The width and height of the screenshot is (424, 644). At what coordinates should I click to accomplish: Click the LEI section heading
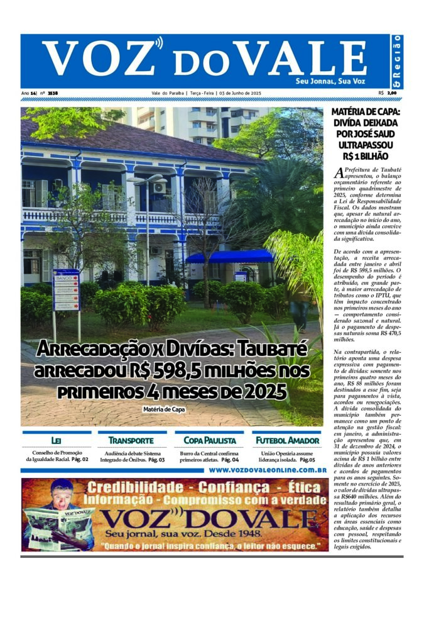pyautogui.click(x=56, y=440)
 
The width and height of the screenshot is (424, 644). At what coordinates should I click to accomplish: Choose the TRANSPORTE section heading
pyautogui.click(x=131, y=440)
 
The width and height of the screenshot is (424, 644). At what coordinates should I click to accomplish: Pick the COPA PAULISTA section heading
pyautogui.click(x=210, y=440)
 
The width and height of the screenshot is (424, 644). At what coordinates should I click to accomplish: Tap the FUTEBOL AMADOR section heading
pyautogui.click(x=286, y=440)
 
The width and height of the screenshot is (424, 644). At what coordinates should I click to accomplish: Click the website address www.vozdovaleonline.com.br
pyautogui.click(x=268, y=469)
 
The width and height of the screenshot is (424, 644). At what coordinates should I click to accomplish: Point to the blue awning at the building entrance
pyautogui.click(x=230, y=257)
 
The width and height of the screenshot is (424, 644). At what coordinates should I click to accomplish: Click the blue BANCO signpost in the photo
pyautogui.click(x=66, y=290)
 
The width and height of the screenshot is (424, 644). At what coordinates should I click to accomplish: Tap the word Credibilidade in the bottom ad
pyautogui.click(x=130, y=487)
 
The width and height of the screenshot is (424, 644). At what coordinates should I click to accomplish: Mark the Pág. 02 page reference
pyautogui.click(x=80, y=460)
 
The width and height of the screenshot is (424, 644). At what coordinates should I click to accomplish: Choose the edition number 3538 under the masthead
pyautogui.click(x=53, y=93)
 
